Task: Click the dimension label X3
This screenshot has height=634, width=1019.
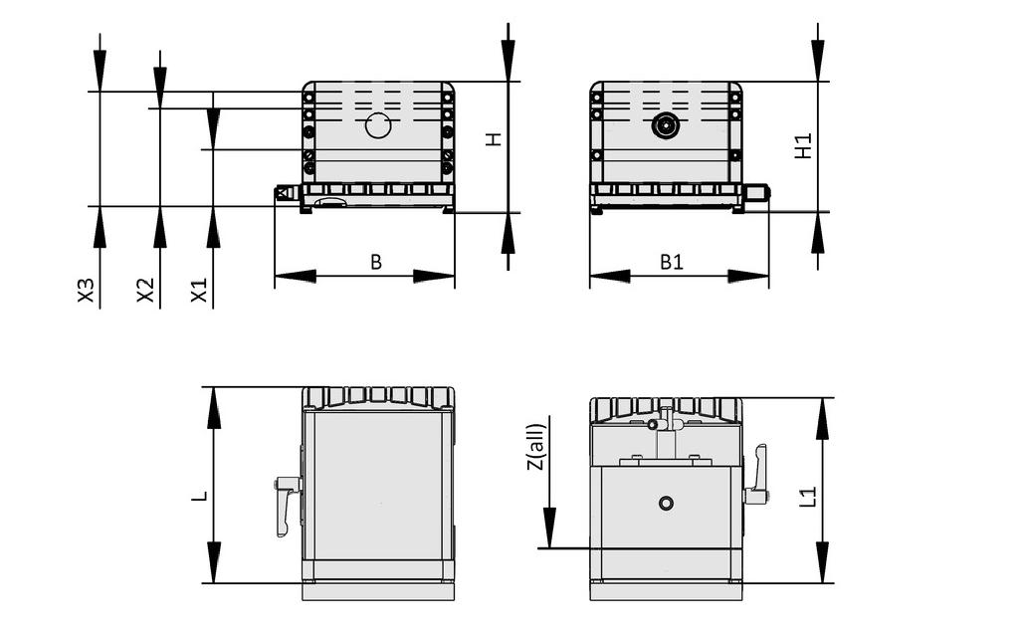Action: [x=87, y=291]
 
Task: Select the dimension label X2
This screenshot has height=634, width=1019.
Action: [x=146, y=291]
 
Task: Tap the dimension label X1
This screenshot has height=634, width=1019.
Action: [x=200, y=291]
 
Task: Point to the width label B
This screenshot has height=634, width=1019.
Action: [x=376, y=262]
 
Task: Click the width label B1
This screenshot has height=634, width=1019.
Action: [x=673, y=262]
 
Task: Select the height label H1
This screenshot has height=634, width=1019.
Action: [x=804, y=146]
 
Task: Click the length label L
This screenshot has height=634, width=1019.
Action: [x=200, y=494]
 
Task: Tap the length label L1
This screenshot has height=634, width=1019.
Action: [x=808, y=496]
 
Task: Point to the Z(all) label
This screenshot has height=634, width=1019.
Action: [x=535, y=447]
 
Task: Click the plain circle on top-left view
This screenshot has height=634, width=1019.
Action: [x=378, y=125]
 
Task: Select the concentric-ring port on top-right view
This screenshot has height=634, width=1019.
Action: [x=665, y=126]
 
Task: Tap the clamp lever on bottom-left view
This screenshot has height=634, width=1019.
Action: [x=287, y=504]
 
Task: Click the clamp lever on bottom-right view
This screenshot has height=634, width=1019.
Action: [x=757, y=476]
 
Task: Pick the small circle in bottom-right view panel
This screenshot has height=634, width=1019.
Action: [x=666, y=503]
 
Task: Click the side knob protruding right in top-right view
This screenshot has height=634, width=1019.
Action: [x=757, y=192]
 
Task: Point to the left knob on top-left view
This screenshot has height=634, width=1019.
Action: [x=286, y=193]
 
